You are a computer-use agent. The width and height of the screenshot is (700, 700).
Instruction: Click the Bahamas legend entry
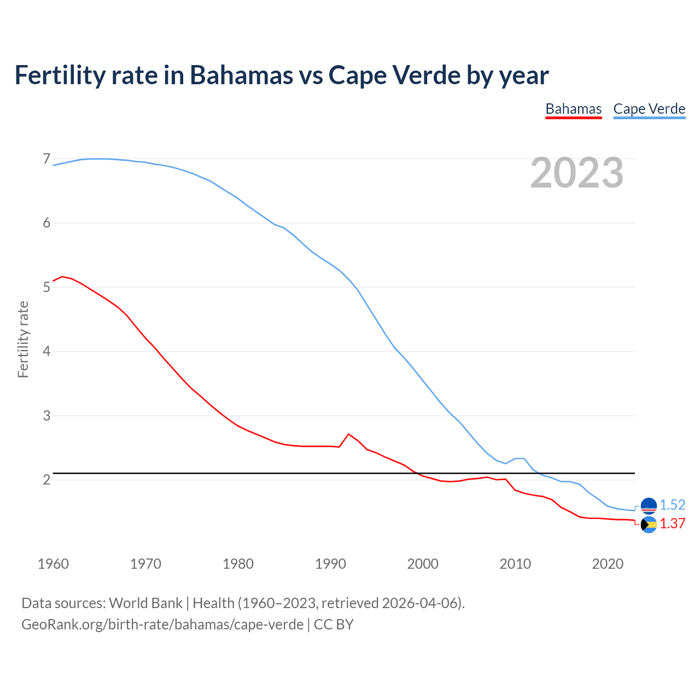pos(573,109)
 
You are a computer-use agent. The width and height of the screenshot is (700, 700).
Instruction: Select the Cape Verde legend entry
pos(649,109)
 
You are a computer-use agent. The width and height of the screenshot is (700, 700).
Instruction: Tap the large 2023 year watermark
pos(577,173)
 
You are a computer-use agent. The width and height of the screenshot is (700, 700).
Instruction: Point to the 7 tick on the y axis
pos(46,159)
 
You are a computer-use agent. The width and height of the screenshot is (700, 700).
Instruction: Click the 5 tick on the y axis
pos(46,287)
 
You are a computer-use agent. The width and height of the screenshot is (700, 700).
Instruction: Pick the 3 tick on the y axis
pos(46,416)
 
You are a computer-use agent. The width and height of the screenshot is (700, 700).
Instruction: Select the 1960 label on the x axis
pos(53,564)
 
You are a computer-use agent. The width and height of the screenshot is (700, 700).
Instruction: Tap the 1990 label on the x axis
pos(330,564)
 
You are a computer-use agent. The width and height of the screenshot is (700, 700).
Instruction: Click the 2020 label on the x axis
pos(608,564)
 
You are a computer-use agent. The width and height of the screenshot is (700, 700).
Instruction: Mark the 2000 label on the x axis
pos(423,564)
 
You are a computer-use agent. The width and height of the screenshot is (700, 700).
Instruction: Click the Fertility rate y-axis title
pos(23,339)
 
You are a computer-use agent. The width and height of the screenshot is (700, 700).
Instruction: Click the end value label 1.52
pos(672,505)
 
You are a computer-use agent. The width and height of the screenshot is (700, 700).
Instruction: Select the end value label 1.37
pos(672,523)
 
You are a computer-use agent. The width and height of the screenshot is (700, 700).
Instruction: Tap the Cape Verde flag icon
pos(649,506)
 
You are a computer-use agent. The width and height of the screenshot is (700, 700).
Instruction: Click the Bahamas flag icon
pos(649,524)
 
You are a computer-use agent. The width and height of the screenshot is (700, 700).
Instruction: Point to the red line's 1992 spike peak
pos(348,434)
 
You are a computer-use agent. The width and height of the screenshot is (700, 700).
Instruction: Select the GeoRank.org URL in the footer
pos(162,624)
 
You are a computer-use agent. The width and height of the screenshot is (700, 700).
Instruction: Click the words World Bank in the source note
pos(145,603)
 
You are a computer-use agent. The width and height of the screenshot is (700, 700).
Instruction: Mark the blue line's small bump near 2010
pos(520,458)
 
